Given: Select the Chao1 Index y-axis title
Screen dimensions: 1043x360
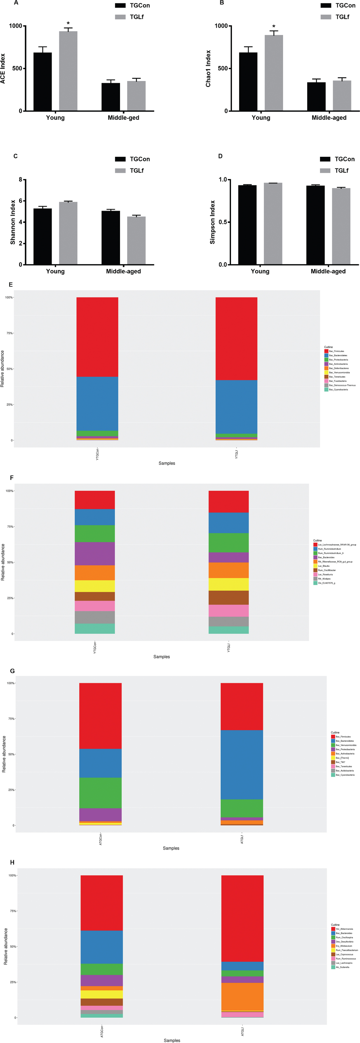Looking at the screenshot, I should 208,69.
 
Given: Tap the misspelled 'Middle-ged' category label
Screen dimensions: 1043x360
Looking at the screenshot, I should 123,118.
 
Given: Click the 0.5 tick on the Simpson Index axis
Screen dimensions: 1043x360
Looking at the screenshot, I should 222,222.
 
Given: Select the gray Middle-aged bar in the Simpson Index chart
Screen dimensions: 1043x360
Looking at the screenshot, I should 341,226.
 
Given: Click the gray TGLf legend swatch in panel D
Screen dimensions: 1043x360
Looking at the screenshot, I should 325,171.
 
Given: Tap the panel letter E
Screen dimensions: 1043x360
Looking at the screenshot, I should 11,285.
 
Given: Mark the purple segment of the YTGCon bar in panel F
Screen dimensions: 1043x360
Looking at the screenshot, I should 95,554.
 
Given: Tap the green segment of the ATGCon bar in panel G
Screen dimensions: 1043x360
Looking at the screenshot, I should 100,793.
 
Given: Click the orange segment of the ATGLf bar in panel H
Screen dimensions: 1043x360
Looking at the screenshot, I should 242,996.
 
